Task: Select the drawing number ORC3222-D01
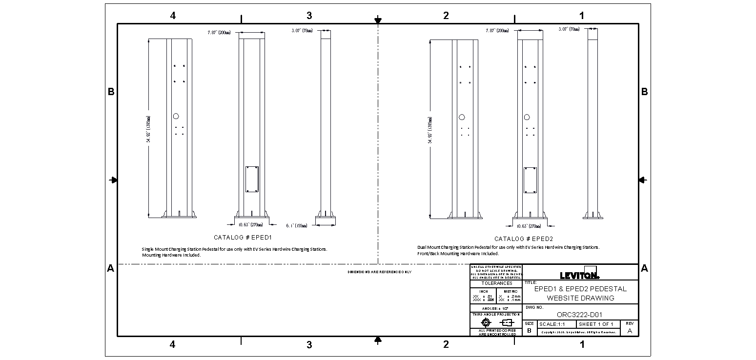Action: (579, 315)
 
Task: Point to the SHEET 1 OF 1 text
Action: (595, 324)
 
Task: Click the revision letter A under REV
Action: (629, 331)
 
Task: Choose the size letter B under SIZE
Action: (529, 331)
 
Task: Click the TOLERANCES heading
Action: (496, 283)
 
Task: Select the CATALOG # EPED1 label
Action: (242, 238)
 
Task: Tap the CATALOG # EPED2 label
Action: (523, 239)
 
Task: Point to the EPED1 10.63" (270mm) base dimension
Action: (250, 225)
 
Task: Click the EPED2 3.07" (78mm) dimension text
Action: (569, 29)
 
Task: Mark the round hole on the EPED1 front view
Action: (176, 116)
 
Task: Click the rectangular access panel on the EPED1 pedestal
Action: (252, 179)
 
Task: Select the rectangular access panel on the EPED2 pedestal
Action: (530, 180)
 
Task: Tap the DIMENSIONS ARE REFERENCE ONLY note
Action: (379, 272)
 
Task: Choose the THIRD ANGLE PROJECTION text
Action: (496, 315)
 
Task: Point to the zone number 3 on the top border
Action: (309, 16)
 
